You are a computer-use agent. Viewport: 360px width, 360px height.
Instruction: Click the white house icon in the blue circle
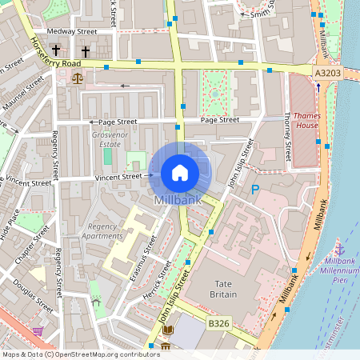180,172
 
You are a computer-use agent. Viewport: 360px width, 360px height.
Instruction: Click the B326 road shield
220,323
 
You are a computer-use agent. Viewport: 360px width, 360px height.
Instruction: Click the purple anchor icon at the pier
339,250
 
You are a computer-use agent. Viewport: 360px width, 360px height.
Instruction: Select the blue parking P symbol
255,190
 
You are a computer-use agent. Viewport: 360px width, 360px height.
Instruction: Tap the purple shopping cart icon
38,330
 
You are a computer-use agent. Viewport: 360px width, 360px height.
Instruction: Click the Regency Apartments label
105,231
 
